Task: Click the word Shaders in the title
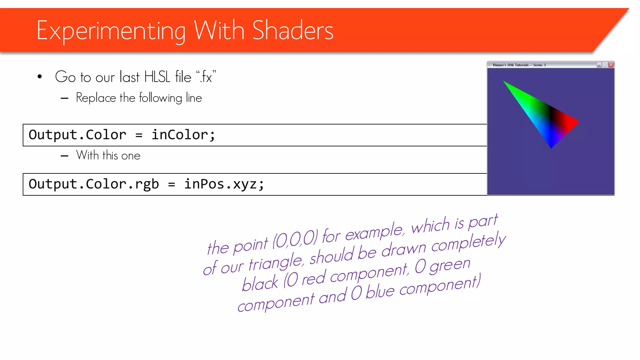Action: click(292, 31)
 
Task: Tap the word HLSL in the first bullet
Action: click(157, 77)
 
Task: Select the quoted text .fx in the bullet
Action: click(206, 77)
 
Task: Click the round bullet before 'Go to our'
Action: click(40, 77)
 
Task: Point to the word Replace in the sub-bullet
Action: click(96, 98)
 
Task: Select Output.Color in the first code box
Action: click(77, 135)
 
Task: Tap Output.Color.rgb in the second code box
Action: click(93, 184)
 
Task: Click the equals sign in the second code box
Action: click(171, 184)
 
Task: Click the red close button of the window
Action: click(611, 65)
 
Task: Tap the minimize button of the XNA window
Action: click(599, 65)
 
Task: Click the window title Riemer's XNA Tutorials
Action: click(519, 65)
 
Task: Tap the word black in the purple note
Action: click(260, 283)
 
